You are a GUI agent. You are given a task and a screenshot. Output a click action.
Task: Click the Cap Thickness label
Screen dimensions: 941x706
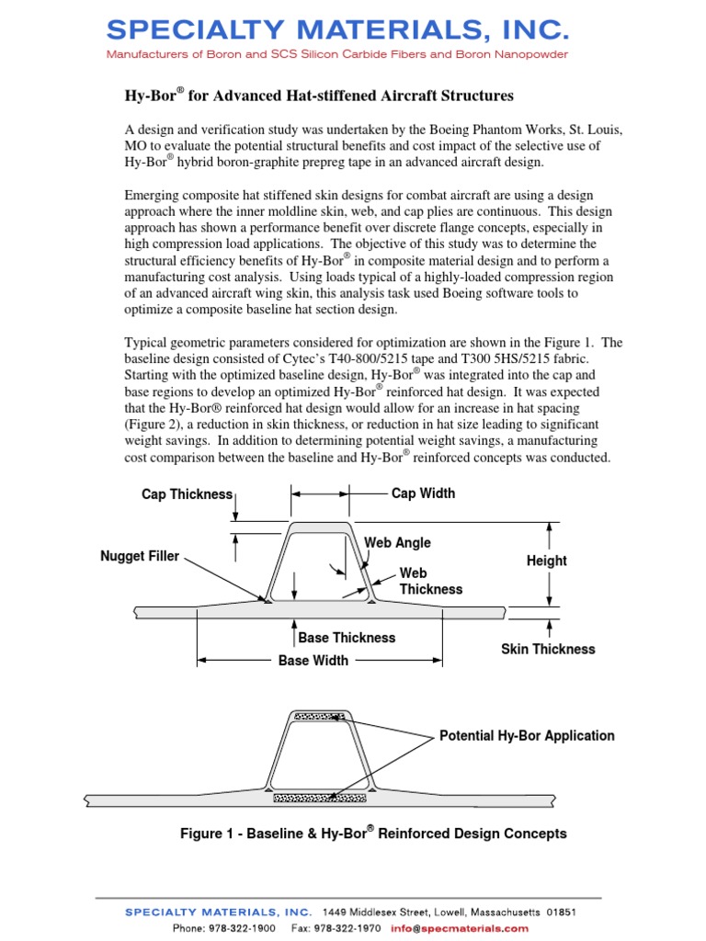tap(187, 494)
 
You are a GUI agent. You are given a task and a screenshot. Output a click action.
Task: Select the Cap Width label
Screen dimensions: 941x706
tap(423, 493)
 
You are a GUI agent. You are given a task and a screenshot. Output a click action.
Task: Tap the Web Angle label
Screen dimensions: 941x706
tap(397, 543)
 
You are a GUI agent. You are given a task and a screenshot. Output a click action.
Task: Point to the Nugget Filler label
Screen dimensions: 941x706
tap(140, 556)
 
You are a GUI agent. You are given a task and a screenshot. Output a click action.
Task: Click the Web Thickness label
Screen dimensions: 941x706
tap(430, 581)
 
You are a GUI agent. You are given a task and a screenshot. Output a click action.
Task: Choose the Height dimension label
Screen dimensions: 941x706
tap(547, 561)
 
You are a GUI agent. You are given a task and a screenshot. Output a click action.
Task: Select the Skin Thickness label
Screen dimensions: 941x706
tap(548, 649)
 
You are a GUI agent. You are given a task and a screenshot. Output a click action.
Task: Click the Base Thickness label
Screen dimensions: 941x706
tap(347, 638)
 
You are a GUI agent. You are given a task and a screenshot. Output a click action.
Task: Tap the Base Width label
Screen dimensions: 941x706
tap(313, 660)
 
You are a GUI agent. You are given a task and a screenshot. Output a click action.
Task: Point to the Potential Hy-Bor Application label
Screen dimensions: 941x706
tap(527, 735)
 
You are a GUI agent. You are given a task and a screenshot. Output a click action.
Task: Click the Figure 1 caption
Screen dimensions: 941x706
tap(373, 833)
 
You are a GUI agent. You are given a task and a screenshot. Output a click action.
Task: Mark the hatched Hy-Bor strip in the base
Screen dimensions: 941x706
tap(319, 799)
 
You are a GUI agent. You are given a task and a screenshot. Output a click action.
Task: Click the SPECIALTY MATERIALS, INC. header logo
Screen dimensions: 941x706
tap(338, 30)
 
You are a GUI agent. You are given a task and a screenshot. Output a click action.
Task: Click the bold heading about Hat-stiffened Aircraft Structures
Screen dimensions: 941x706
tap(319, 96)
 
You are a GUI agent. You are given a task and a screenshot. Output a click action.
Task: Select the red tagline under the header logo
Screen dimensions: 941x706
tap(337, 54)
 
